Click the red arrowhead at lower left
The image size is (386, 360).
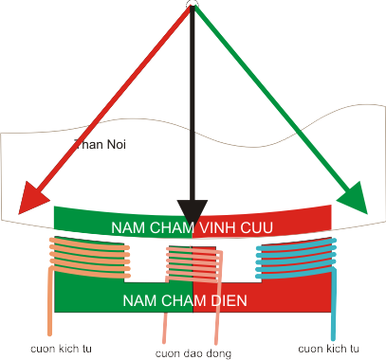pyautogui.click(x=31, y=198)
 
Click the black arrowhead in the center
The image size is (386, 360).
pyautogui.click(x=193, y=212)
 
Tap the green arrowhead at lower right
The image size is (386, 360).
pyautogui.click(x=354, y=198)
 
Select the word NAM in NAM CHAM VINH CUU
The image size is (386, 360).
pyautogui.click(x=125, y=227)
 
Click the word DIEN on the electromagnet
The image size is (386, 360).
pyautogui.click(x=229, y=300)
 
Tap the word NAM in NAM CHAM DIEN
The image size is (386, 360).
pyautogui.click(x=137, y=300)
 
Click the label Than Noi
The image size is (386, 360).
pyautogui.click(x=100, y=144)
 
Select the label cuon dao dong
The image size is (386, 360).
pyautogui.click(x=193, y=353)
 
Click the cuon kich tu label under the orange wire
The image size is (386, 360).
pyautogui.click(x=61, y=349)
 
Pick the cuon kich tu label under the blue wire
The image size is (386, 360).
pyautogui.click(x=328, y=349)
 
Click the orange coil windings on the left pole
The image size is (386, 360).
pyautogui.click(x=90, y=258)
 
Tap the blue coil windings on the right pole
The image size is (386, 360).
pyautogui.click(x=296, y=258)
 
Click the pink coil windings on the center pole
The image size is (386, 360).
pyautogui.click(x=194, y=264)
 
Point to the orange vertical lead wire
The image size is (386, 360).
pyautogui.click(x=49, y=301)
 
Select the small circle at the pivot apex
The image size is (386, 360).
pyautogui.click(x=193, y=3)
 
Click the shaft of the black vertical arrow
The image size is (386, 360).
pyautogui.click(x=193, y=104)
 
